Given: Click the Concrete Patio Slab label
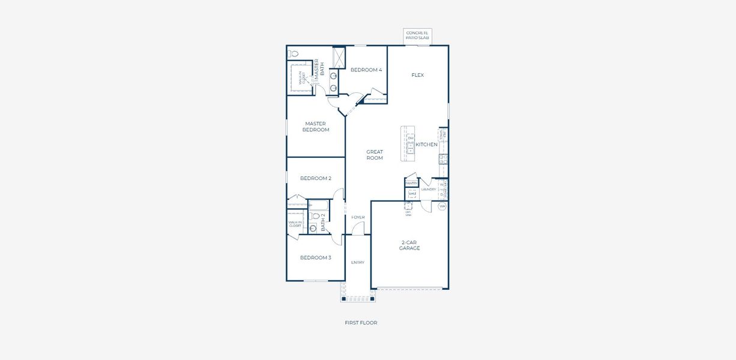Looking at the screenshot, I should point(418,35).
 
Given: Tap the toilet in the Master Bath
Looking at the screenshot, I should point(294,53).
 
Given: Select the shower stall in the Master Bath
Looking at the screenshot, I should point(339,58).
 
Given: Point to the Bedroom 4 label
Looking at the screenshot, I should point(366,70).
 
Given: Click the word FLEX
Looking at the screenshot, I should point(418,76).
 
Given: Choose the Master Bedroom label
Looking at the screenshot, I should point(315,127).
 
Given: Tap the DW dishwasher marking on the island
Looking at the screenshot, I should point(411,139).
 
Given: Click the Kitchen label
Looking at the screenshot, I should point(427,145).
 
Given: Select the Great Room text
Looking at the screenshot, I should point(375,155).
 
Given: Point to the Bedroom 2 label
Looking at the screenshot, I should point(315,178).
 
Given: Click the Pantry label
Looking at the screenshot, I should point(411,183).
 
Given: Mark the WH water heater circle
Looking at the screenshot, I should point(442,206).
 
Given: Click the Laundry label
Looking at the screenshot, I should point(429,190).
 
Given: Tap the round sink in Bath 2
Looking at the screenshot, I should point(313,227).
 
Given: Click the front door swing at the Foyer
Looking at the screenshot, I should point(358,229).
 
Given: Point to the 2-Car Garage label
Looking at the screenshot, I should point(409,245).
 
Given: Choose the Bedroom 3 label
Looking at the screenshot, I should point(315,258).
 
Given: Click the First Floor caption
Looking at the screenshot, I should point(361,323).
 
